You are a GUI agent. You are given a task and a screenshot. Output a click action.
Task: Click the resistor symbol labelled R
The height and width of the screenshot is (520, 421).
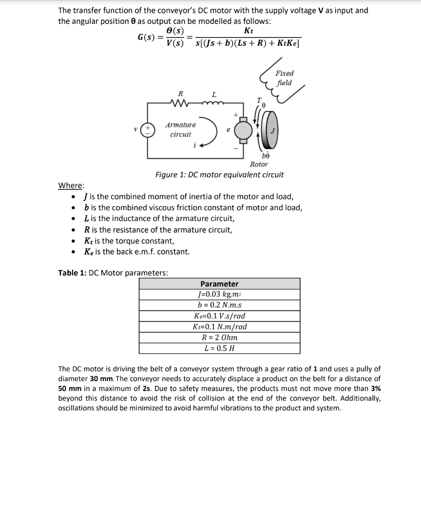click(x=180, y=104)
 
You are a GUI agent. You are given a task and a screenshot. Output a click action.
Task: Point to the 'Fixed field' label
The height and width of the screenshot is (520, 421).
click(x=284, y=78)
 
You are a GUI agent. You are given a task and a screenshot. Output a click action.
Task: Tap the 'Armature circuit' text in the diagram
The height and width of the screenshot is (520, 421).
click(x=180, y=129)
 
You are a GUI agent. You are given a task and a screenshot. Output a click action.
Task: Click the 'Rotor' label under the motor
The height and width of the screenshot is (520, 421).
click(x=259, y=164)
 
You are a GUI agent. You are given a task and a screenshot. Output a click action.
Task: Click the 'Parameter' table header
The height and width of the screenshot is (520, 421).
click(x=219, y=284)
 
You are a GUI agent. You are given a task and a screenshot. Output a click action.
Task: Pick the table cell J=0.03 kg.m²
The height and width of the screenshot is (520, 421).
click(x=219, y=295)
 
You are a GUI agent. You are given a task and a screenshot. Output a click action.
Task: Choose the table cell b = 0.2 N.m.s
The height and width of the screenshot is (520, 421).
click(x=219, y=305)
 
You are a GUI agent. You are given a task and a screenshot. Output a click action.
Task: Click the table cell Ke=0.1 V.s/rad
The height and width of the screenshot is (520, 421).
click(x=219, y=316)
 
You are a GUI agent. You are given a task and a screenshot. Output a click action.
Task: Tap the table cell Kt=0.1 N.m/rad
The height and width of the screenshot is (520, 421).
click(x=219, y=327)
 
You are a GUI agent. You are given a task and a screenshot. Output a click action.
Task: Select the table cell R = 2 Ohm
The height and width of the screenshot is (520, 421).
click(x=219, y=337)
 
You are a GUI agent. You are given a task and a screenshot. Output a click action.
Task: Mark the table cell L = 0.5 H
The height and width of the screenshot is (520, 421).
click(x=219, y=348)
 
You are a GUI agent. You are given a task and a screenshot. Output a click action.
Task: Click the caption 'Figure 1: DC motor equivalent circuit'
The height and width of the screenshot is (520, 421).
click(x=219, y=175)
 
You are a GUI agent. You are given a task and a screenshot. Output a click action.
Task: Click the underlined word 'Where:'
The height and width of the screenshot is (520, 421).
click(x=72, y=185)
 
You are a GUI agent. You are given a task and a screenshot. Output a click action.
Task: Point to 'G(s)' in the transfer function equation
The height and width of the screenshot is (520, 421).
click(x=146, y=38)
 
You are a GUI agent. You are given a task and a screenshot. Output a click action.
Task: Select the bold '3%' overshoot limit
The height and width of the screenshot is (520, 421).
click(x=374, y=388)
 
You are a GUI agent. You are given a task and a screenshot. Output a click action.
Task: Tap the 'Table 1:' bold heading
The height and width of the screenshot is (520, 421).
click(x=73, y=273)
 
